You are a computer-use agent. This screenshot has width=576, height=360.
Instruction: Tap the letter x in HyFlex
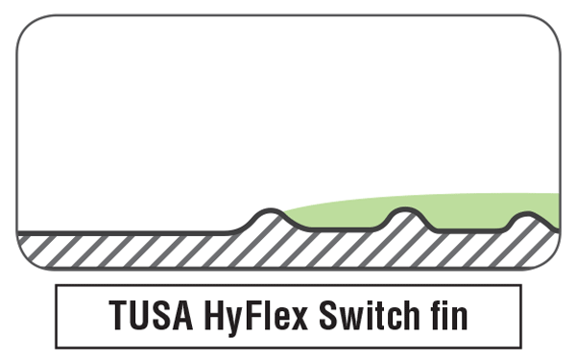point(299,318)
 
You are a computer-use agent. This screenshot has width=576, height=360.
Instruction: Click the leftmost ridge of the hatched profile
point(271,212)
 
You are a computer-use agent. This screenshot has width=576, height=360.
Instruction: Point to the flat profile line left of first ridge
point(125,231)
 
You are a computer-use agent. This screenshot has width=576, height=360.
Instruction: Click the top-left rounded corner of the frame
point(26,26)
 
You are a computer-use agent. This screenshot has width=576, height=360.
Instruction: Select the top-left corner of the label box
point(57,286)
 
